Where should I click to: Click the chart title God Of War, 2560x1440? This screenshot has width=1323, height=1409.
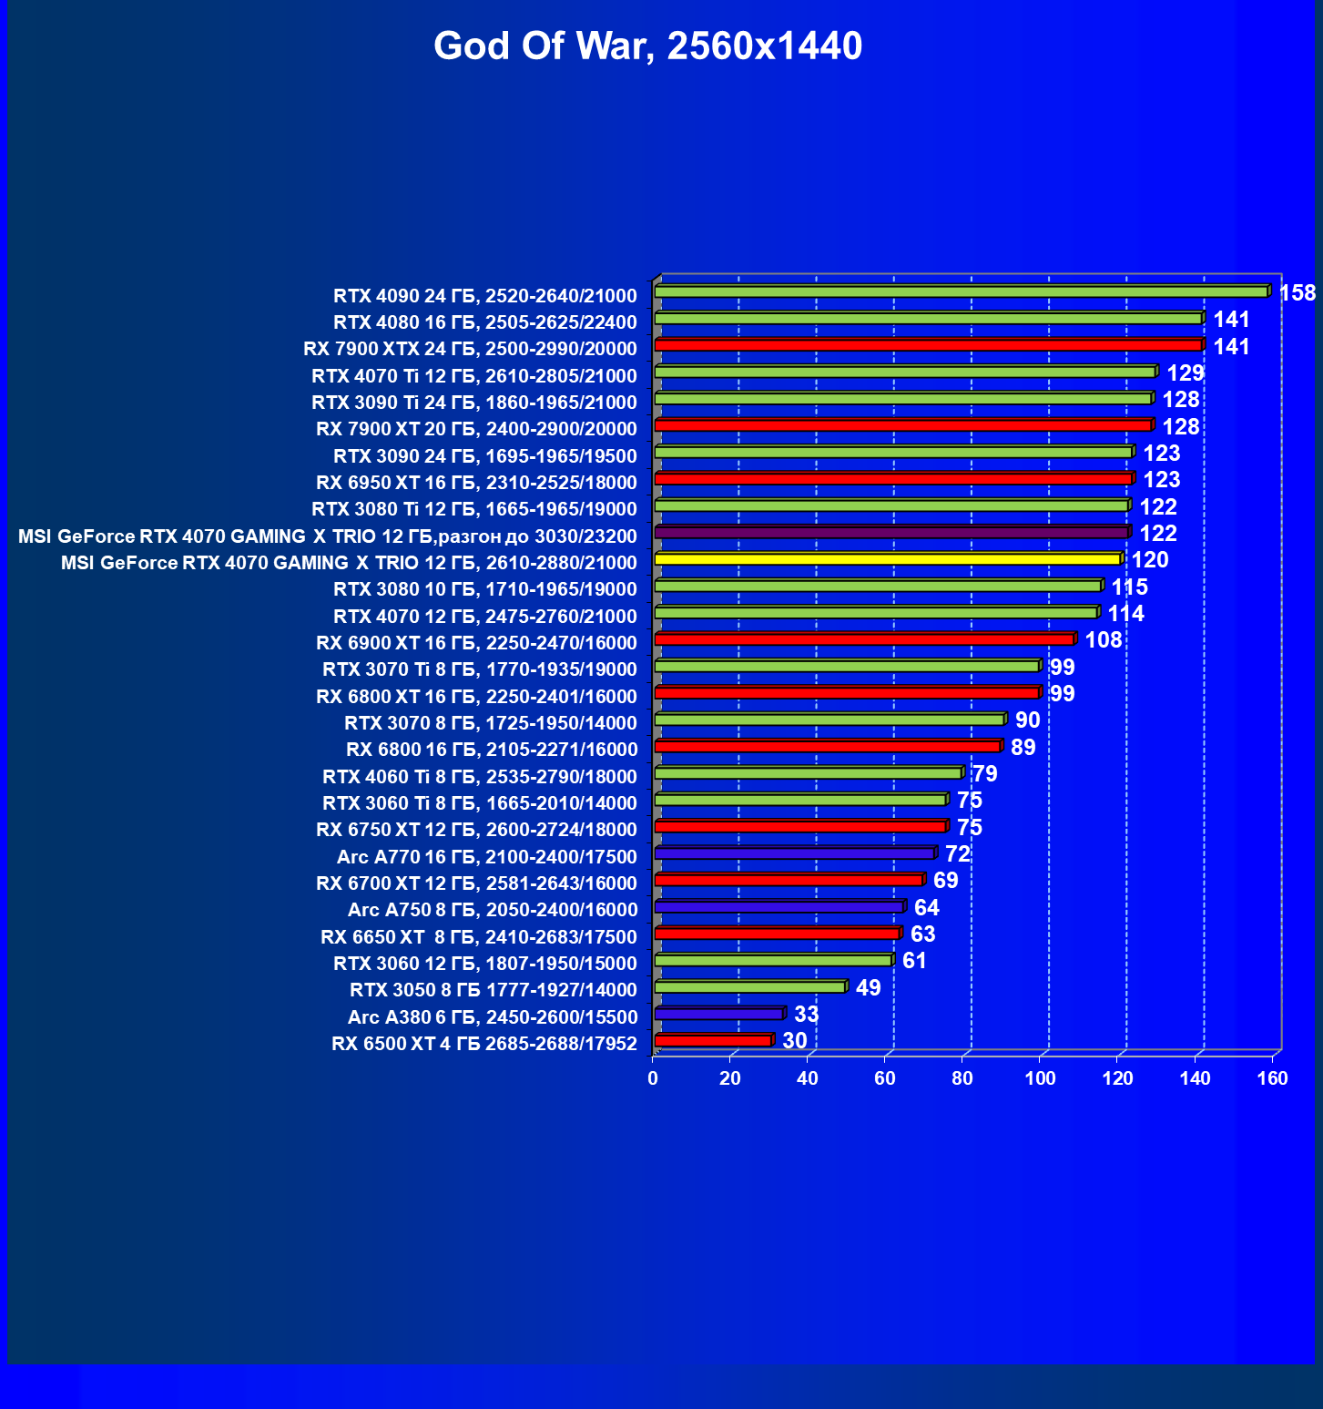[647, 46]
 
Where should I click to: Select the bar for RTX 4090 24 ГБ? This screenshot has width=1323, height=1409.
[961, 291]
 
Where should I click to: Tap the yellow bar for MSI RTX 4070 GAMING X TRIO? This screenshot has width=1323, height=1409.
[888, 558]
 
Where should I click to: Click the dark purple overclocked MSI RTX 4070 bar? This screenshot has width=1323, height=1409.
[891, 532]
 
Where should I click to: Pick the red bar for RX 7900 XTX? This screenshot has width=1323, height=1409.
[929, 345]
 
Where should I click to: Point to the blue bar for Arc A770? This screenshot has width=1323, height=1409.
[795, 853]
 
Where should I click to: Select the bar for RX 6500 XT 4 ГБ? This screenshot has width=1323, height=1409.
[713, 1040]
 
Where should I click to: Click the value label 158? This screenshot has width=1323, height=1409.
[1298, 292]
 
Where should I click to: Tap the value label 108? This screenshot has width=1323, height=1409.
[1103, 639]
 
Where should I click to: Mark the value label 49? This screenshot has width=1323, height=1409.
[868, 987]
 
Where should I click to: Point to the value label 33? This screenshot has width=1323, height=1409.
[806, 1014]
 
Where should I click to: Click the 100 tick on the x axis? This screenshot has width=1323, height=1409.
[1040, 1078]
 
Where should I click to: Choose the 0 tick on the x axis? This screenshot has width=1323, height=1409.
[653, 1078]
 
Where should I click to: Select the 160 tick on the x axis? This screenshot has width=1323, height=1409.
[1272, 1078]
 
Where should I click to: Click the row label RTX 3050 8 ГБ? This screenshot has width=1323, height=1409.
[493, 990]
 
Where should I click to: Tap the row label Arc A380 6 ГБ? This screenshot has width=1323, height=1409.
[492, 1016]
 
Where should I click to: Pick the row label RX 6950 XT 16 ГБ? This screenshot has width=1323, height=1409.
[476, 482]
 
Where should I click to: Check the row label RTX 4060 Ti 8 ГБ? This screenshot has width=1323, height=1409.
[479, 777]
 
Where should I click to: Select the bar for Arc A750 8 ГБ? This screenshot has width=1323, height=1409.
[779, 907]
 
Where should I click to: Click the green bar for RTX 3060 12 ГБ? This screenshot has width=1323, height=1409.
[773, 960]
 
